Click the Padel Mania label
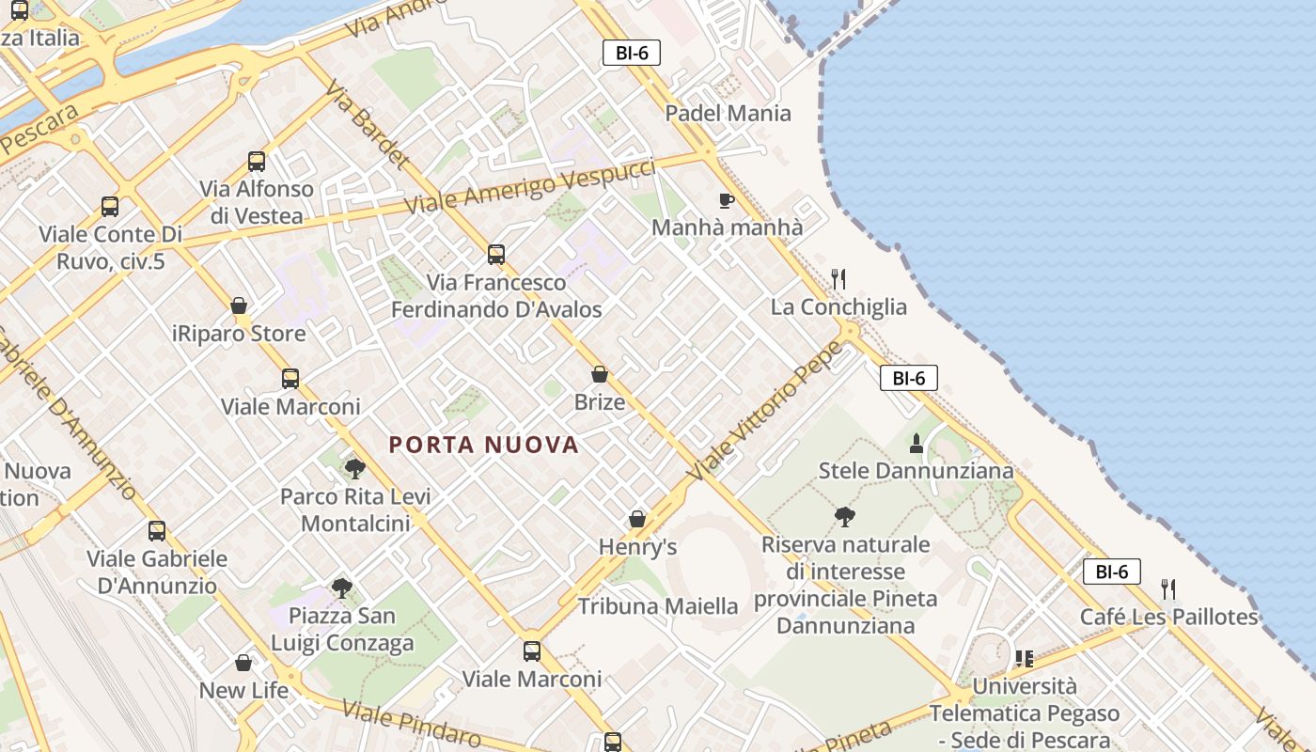click(728, 114)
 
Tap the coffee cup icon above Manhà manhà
click(726, 200)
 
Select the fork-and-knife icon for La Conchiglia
click(838, 279)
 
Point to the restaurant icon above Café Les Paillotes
click(1168, 589)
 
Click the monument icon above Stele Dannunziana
click(916, 443)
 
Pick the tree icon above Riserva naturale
click(844, 516)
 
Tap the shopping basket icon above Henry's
click(637, 519)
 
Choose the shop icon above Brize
click(600, 374)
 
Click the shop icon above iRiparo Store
click(239, 305)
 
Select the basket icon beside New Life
click(243, 663)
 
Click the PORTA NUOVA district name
click(484, 445)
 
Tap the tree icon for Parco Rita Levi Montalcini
click(354, 468)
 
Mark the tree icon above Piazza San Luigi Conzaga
click(342, 588)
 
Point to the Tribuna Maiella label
click(658, 606)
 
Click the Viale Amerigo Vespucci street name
click(529, 185)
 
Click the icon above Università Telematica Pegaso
click(1024, 658)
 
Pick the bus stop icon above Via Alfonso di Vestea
click(257, 161)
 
